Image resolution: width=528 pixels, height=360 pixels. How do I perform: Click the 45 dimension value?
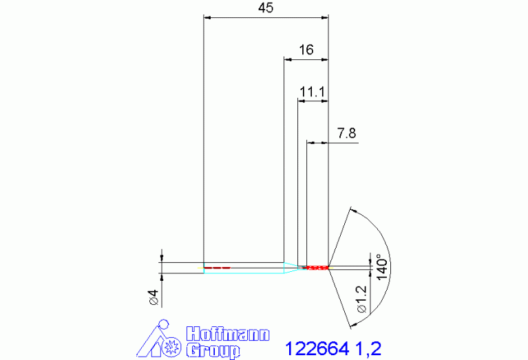click(x=266, y=8)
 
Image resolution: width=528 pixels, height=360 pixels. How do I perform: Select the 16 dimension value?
click(x=306, y=50)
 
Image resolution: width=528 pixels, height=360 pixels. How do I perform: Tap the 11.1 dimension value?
click(x=312, y=92)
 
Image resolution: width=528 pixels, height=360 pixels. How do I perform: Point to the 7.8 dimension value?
click(x=346, y=134)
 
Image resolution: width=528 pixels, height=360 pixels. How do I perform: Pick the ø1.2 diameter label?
click(x=361, y=299)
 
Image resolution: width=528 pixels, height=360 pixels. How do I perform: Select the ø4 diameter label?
click(x=154, y=297)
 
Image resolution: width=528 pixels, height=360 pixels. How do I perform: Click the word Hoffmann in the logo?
click(x=228, y=334)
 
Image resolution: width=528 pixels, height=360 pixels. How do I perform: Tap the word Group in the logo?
click(x=213, y=350)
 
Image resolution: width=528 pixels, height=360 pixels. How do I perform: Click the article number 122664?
click(x=317, y=348)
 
